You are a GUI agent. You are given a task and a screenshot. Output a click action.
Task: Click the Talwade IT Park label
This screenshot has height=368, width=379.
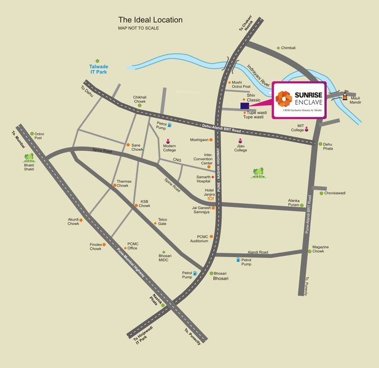pyautogui.click(x=100, y=70)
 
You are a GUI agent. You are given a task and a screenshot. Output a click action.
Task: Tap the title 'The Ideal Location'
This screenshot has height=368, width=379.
pyautogui.click(x=150, y=20)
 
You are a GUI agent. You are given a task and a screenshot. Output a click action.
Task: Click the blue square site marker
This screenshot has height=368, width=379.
pyautogui.click(x=245, y=106)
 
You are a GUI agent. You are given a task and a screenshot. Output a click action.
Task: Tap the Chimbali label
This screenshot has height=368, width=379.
pyautogui.click(x=288, y=47)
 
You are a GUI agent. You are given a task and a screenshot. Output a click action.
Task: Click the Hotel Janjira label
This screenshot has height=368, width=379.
pyautogui.click(x=197, y=193)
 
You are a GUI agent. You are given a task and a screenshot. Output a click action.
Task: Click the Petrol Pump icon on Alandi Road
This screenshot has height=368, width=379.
pyautogui.click(x=236, y=259)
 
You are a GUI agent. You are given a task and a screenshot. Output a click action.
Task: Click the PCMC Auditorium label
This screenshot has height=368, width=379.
pyautogui.click(x=195, y=239)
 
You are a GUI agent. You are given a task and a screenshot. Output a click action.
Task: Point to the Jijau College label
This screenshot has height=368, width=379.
pyautogui.click(x=240, y=148)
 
